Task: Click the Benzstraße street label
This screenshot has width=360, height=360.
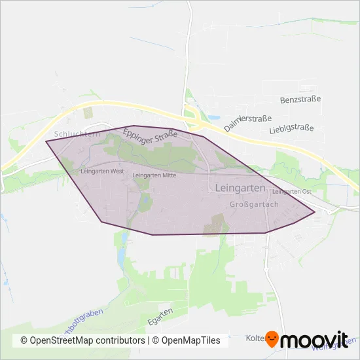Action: [x=300, y=99]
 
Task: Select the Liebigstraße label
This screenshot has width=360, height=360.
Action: [x=292, y=129]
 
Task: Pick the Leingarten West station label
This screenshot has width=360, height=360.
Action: [x=101, y=171]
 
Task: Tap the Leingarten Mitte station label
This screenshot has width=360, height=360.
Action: [x=154, y=175]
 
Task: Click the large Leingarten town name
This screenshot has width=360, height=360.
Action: [x=240, y=188]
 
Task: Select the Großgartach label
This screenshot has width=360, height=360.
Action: [x=255, y=204]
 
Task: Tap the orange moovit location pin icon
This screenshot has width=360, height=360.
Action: [x=273, y=339]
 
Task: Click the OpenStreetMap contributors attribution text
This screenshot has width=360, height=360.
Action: [x=82, y=340]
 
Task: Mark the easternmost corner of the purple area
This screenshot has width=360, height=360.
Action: [x=315, y=211]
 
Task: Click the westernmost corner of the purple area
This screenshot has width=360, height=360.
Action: [x=46, y=141]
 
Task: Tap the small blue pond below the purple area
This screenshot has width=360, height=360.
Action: [x=122, y=257]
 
